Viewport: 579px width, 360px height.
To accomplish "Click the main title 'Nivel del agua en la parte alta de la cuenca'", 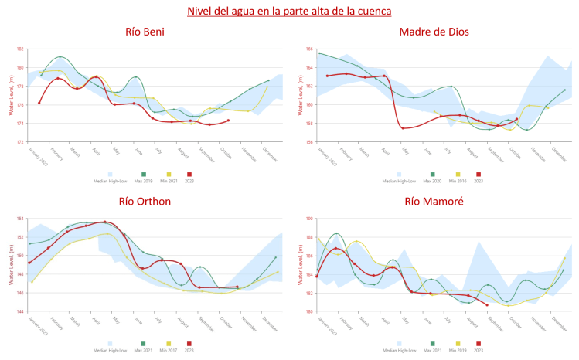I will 289,12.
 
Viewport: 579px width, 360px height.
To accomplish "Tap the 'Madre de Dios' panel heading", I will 434,32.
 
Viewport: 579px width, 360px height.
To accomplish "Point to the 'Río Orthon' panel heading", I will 145,202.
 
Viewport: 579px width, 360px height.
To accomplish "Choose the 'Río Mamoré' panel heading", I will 434,202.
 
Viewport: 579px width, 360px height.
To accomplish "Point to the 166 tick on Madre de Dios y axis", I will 308,49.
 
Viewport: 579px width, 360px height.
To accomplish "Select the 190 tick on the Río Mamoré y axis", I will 308,219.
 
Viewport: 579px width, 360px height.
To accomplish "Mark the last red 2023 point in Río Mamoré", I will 487,305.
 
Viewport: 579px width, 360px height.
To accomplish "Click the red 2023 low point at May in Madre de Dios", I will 403,127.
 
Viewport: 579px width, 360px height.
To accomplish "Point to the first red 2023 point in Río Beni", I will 39,103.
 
